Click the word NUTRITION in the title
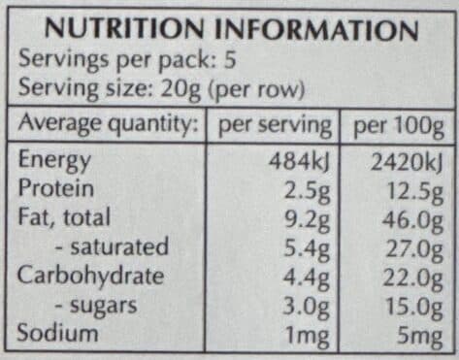coord(124,29)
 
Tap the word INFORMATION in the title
coord(316,29)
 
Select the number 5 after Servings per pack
coord(230,59)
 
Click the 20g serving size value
coord(180,88)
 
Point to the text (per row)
coord(256,88)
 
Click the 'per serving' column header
coord(275,126)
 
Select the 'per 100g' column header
coord(399,127)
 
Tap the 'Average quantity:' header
coord(108,124)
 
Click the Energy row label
coord(54,161)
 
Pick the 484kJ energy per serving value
coord(299,161)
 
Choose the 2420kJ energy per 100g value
coord(407,162)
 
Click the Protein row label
coord(56,188)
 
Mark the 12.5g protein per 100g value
coord(414,192)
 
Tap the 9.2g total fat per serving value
coord(307,221)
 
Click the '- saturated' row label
coord(112,246)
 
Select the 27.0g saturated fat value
coord(413,250)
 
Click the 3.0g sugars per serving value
coord(306,307)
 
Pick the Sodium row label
coord(57,333)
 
